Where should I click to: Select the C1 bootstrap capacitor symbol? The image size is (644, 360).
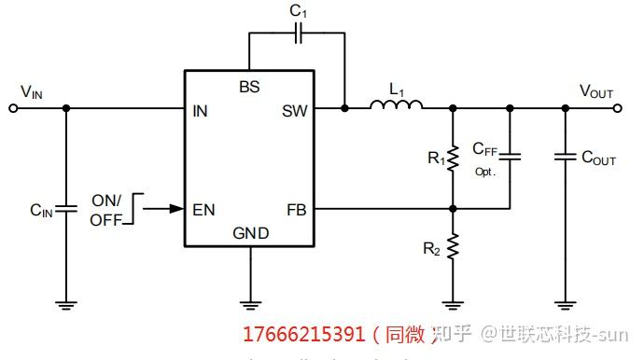click(x=298, y=34)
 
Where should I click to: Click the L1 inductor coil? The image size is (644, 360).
click(x=397, y=106)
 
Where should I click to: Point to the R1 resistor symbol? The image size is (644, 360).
click(x=453, y=159)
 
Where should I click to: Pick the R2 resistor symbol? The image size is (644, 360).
click(x=453, y=247)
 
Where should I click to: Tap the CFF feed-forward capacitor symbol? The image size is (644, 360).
click(x=510, y=157)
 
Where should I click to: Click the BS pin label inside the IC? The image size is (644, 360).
click(x=249, y=87)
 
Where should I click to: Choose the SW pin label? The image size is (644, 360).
click(x=294, y=111)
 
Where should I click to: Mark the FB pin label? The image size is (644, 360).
click(x=296, y=209)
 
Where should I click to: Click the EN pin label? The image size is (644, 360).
click(x=203, y=209)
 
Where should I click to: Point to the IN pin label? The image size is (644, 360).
click(x=200, y=111)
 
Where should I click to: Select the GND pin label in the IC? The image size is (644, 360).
click(x=249, y=233)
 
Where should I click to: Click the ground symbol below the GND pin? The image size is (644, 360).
click(x=250, y=303)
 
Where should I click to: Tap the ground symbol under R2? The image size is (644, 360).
click(x=453, y=303)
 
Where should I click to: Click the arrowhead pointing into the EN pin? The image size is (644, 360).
click(x=176, y=209)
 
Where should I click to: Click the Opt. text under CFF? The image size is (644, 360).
click(x=484, y=172)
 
